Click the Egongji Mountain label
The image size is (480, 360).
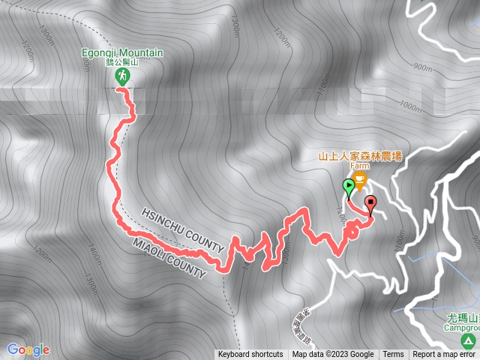coord(122,52)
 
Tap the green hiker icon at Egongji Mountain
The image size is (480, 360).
coord(122,76)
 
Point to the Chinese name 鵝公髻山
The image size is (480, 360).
coord(122,62)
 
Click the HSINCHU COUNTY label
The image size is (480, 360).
coord(183,229)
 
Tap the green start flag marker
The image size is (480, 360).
coord(349,187)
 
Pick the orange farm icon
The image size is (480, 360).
coord(360,179)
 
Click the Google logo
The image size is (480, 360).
coord(28,349)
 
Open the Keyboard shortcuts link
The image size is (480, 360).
coord(250,355)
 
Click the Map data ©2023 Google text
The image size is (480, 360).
coord(332,355)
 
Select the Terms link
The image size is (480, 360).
coord(393,355)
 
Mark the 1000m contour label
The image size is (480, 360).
coord(411,108)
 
